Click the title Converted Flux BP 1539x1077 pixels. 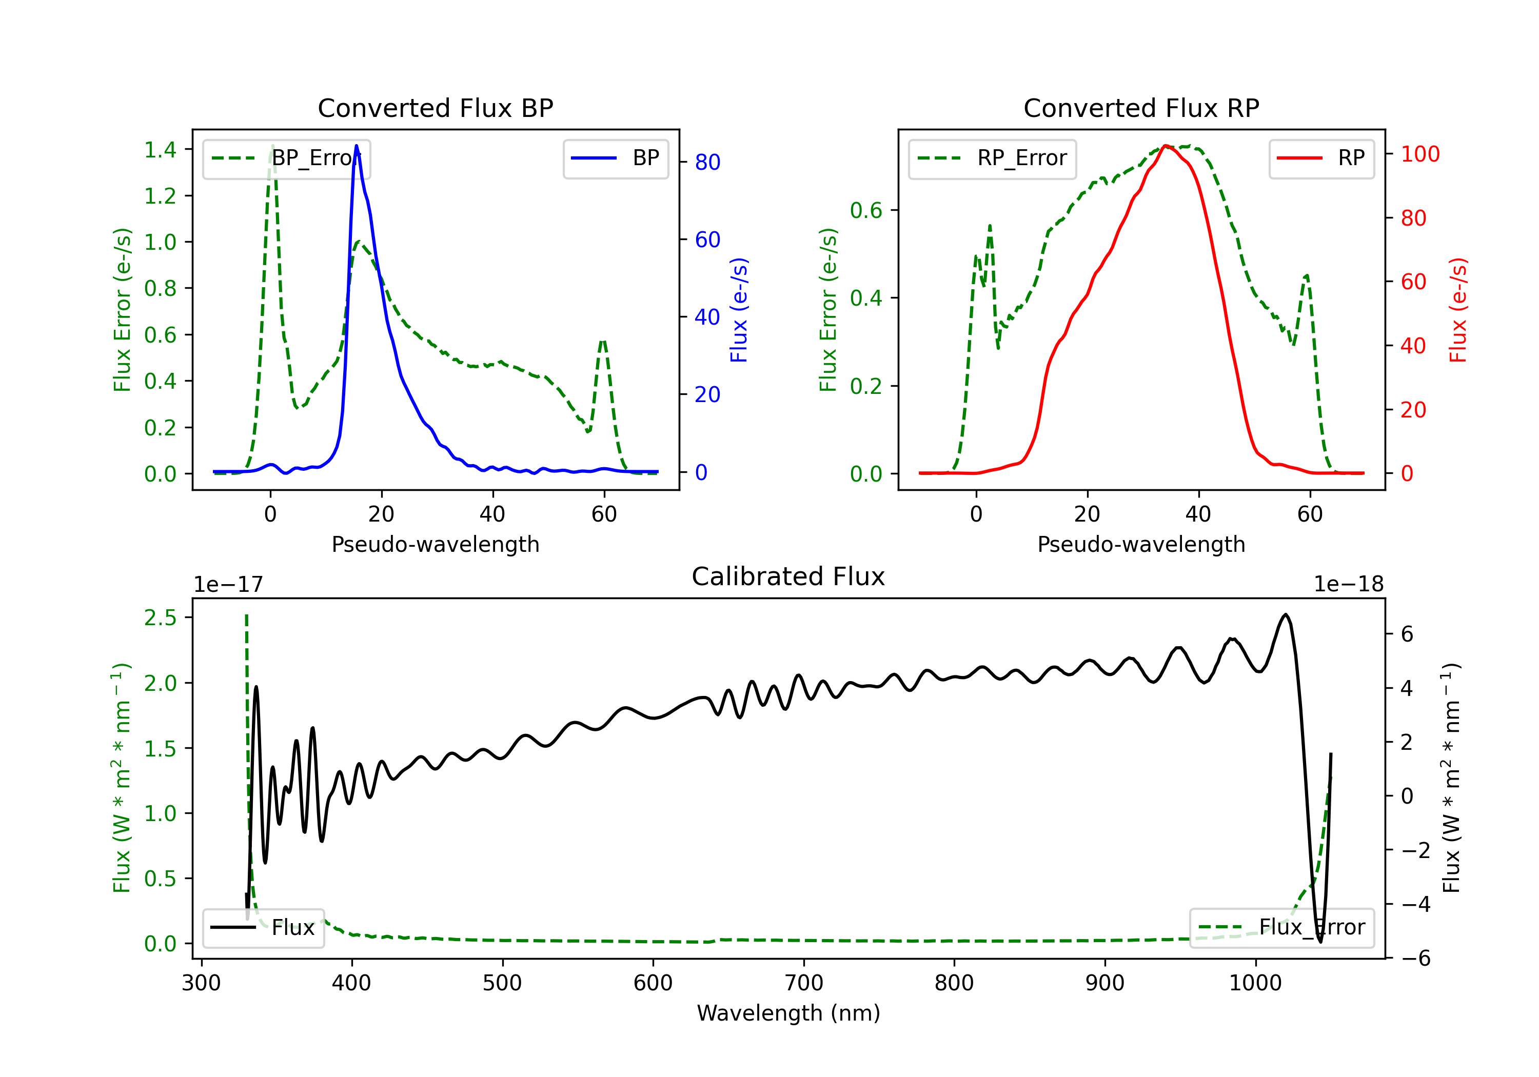coord(435,108)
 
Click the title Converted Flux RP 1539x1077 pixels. coord(1141,108)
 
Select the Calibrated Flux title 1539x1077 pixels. coord(788,576)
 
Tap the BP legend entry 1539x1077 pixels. coord(615,158)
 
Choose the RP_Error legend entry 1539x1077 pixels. coord(992,158)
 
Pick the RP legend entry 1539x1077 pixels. coord(1321,158)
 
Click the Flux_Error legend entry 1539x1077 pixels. coord(1281,928)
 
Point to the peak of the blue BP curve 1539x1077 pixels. coord(356,146)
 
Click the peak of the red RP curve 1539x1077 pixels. coord(1166,146)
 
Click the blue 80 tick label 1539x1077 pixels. coord(708,162)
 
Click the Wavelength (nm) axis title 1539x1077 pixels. coord(788,1013)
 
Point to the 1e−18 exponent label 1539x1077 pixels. coord(1348,585)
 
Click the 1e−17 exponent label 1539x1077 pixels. coord(229,585)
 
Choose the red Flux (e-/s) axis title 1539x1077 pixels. coord(1458,310)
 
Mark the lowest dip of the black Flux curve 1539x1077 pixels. coord(1320,942)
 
